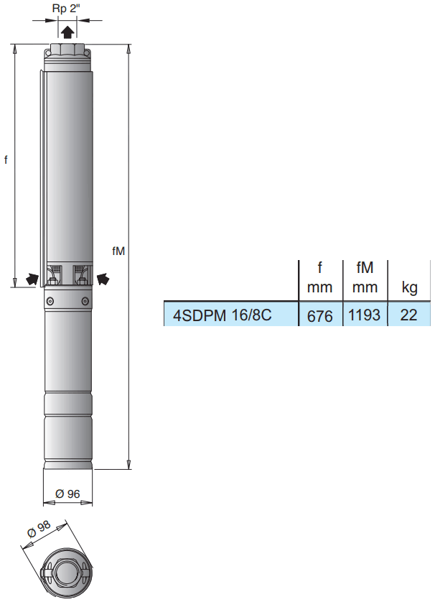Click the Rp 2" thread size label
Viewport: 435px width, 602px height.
[x=66, y=9]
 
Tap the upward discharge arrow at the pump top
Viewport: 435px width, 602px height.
[x=67, y=32]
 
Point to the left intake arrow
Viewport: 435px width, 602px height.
[x=32, y=279]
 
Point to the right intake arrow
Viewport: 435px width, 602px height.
[x=103, y=279]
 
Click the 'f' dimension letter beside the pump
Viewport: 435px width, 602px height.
[x=6, y=159]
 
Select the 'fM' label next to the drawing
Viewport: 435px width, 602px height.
[x=118, y=251]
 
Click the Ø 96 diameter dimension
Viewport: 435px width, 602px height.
[x=67, y=494]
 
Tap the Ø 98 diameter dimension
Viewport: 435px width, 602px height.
[x=39, y=529]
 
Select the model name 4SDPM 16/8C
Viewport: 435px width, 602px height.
[x=222, y=315]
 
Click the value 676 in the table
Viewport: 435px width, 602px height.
[x=320, y=316]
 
